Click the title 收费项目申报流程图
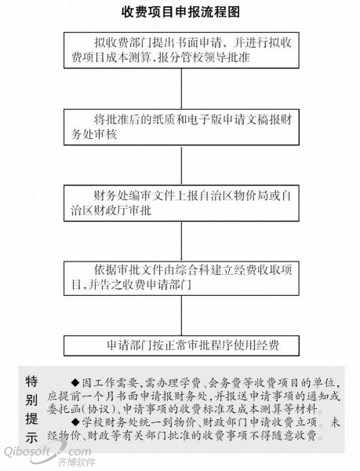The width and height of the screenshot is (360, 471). pos(180,13)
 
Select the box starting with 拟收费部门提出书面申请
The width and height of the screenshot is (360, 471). pos(181,50)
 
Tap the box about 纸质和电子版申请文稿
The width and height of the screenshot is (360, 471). pos(181,127)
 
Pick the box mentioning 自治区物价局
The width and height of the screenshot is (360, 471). pos(181,203)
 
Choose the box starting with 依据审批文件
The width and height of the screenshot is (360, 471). pos(181,278)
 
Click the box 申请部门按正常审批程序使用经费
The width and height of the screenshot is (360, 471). pos(181,345)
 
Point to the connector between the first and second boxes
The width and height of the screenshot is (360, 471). pos(181,89)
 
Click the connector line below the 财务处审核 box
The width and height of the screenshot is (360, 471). pos(181,165)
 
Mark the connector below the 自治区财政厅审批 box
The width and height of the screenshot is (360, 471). pos(181,241)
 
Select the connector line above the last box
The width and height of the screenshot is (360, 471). pos(181,316)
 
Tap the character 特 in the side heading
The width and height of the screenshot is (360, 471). pos(31,382)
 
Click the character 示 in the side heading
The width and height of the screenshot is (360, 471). pos(31,437)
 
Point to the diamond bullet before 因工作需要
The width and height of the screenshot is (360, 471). pos(75,383)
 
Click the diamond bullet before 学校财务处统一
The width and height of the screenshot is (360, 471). pos(75,422)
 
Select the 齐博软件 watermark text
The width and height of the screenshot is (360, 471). pos(77,462)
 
